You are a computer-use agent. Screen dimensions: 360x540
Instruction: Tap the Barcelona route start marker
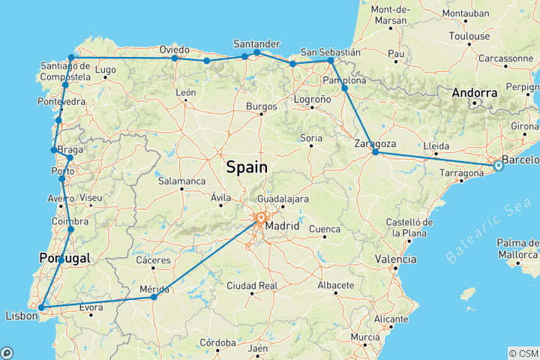tap(497, 166)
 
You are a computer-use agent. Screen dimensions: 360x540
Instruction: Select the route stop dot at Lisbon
tap(41, 307)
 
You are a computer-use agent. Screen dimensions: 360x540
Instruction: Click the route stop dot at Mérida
tap(154, 297)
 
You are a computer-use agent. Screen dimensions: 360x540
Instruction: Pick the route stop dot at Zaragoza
tap(376, 153)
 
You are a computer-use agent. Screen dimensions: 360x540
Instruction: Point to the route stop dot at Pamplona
tap(345, 88)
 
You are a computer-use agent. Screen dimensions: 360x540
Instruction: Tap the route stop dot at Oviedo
tap(175, 58)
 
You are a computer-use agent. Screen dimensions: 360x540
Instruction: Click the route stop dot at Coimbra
tap(71, 229)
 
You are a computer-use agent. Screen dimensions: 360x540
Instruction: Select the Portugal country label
tap(64, 258)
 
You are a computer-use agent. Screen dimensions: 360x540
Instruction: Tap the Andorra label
tap(475, 93)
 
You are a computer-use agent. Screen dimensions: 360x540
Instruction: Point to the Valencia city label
tap(396, 259)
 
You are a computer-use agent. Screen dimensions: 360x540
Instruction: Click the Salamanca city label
tap(181, 181)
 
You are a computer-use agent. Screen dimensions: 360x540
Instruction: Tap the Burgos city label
tap(261, 106)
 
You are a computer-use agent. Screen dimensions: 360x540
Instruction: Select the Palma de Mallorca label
tap(517, 248)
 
